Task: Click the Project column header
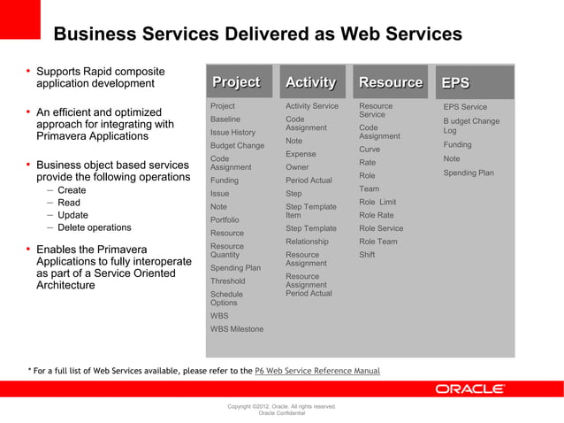(x=236, y=83)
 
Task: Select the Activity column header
(x=310, y=83)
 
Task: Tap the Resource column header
(x=390, y=83)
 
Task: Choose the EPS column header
(x=456, y=83)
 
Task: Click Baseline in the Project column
(x=225, y=119)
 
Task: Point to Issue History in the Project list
(x=232, y=132)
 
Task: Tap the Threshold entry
(x=228, y=281)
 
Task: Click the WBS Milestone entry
(x=236, y=329)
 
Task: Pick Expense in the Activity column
(x=301, y=154)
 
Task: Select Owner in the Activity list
(x=297, y=167)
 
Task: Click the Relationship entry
(x=307, y=242)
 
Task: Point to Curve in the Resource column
(x=370, y=150)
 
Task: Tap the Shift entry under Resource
(x=367, y=255)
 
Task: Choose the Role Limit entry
(x=377, y=202)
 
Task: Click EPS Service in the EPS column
(x=465, y=107)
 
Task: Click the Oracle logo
(x=469, y=388)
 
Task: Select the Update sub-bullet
(x=72, y=215)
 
